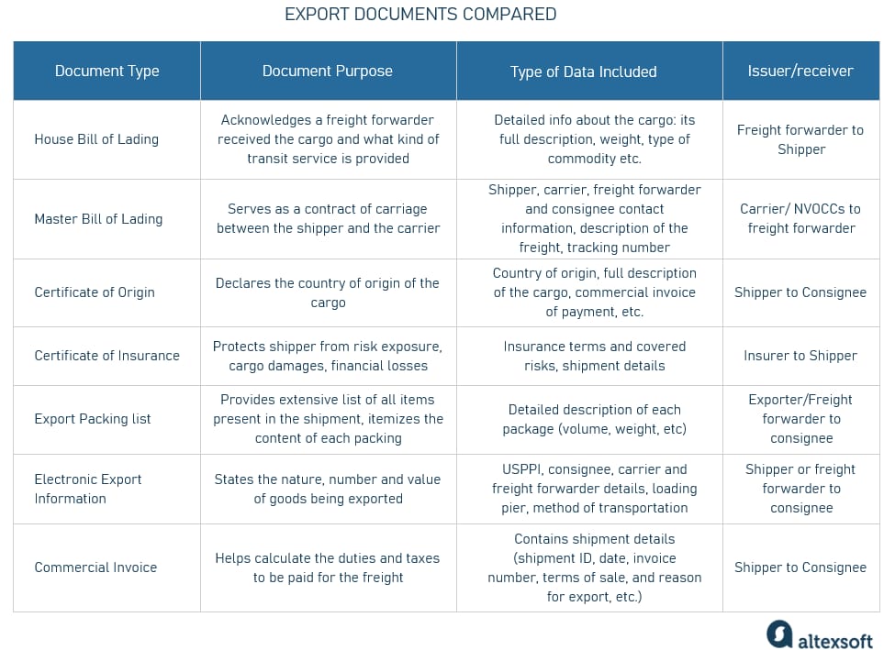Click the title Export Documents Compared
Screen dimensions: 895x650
tap(420, 15)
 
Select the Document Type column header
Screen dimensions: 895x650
tap(106, 72)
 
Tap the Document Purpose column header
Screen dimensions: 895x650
tap(327, 72)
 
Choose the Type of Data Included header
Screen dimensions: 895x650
tap(583, 72)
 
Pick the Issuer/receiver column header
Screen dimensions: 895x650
tap(800, 72)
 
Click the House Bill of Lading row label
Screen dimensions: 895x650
tap(96, 139)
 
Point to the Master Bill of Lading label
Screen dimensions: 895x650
tap(98, 219)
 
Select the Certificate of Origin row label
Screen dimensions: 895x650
tap(95, 292)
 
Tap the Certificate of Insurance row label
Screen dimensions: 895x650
tap(106, 356)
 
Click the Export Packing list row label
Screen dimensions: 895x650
tap(93, 419)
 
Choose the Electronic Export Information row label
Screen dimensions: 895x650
tap(88, 489)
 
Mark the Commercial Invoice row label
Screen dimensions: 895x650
tap(95, 567)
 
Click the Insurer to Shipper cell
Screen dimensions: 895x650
tap(800, 356)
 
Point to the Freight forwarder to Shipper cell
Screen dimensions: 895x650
tap(800, 139)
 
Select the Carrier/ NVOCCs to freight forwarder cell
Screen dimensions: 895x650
tap(800, 218)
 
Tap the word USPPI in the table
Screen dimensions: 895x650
tap(521, 469)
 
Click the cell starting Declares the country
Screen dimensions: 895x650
tap(327, 292)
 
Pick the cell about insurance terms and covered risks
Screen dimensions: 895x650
tap(594, 356)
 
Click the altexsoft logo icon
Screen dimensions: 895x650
tap(779, 633)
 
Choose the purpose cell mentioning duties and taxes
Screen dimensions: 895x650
tap(327, 567)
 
